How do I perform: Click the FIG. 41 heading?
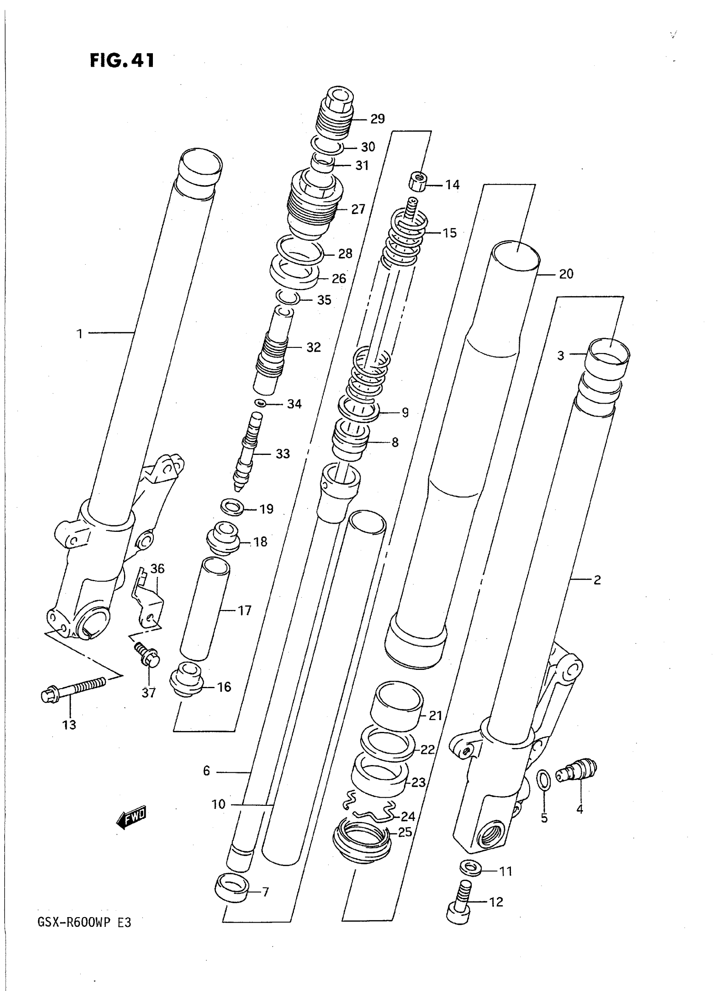coord(122,61)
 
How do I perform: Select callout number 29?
coord(377,119)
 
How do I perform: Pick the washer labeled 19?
coord(232,507)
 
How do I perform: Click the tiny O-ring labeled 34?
coord(259,402)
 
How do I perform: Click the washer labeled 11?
coord(470,866)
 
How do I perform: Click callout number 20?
coord(566,274)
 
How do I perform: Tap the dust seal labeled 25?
coord(361,839)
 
